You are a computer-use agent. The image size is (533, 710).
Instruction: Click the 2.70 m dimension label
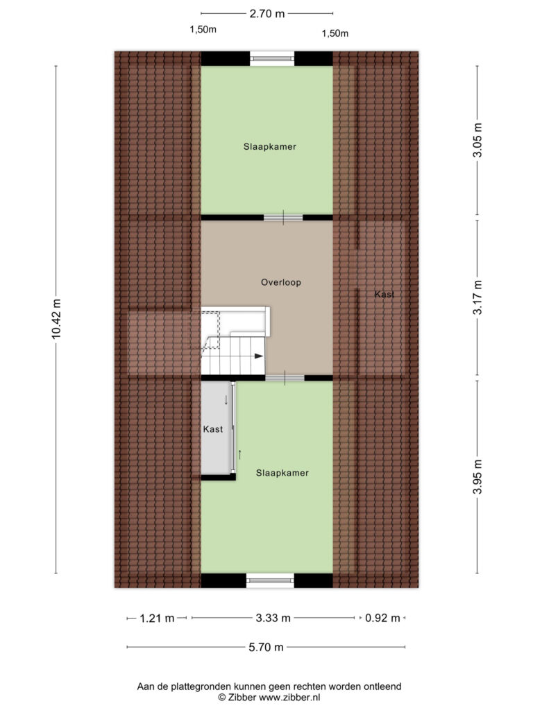click(x=267, y=14)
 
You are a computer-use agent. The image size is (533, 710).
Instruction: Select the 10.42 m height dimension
click(x=56, y=319)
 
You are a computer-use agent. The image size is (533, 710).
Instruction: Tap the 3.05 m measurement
click(x=477, y=140)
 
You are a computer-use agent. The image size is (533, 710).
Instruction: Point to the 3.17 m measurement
click(x=477, y=297)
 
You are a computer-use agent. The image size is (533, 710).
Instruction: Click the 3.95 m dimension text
click(x=477, y=477)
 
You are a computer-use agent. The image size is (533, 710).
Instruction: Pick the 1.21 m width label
click(x=157, y=618)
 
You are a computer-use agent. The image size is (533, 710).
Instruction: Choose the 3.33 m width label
click(x=273, y=618)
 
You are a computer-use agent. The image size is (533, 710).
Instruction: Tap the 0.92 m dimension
click(x=382, y=618)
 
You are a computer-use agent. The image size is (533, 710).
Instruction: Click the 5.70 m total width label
click(x=266, y=647)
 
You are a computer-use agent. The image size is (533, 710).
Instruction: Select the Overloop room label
click(x=281, y=282)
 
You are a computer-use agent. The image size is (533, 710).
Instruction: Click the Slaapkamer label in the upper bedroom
click(x=270, y=146)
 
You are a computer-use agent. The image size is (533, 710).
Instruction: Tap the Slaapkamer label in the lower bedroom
click(x=282, y=473)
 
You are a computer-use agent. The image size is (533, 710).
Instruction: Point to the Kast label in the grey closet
click(x=213, y=428)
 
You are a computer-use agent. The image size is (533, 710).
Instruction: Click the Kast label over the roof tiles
click(x=384, y=294)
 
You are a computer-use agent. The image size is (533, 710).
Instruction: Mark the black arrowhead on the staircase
click(x=259, y=356)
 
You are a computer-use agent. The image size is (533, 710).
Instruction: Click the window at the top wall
click(x=272, y=58)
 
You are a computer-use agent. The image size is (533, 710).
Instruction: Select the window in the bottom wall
click(x=270, y=580)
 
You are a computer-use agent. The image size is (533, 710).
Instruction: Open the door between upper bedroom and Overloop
click(x=283, y=218)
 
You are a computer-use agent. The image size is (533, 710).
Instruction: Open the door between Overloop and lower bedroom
click(x=285, y=378)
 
